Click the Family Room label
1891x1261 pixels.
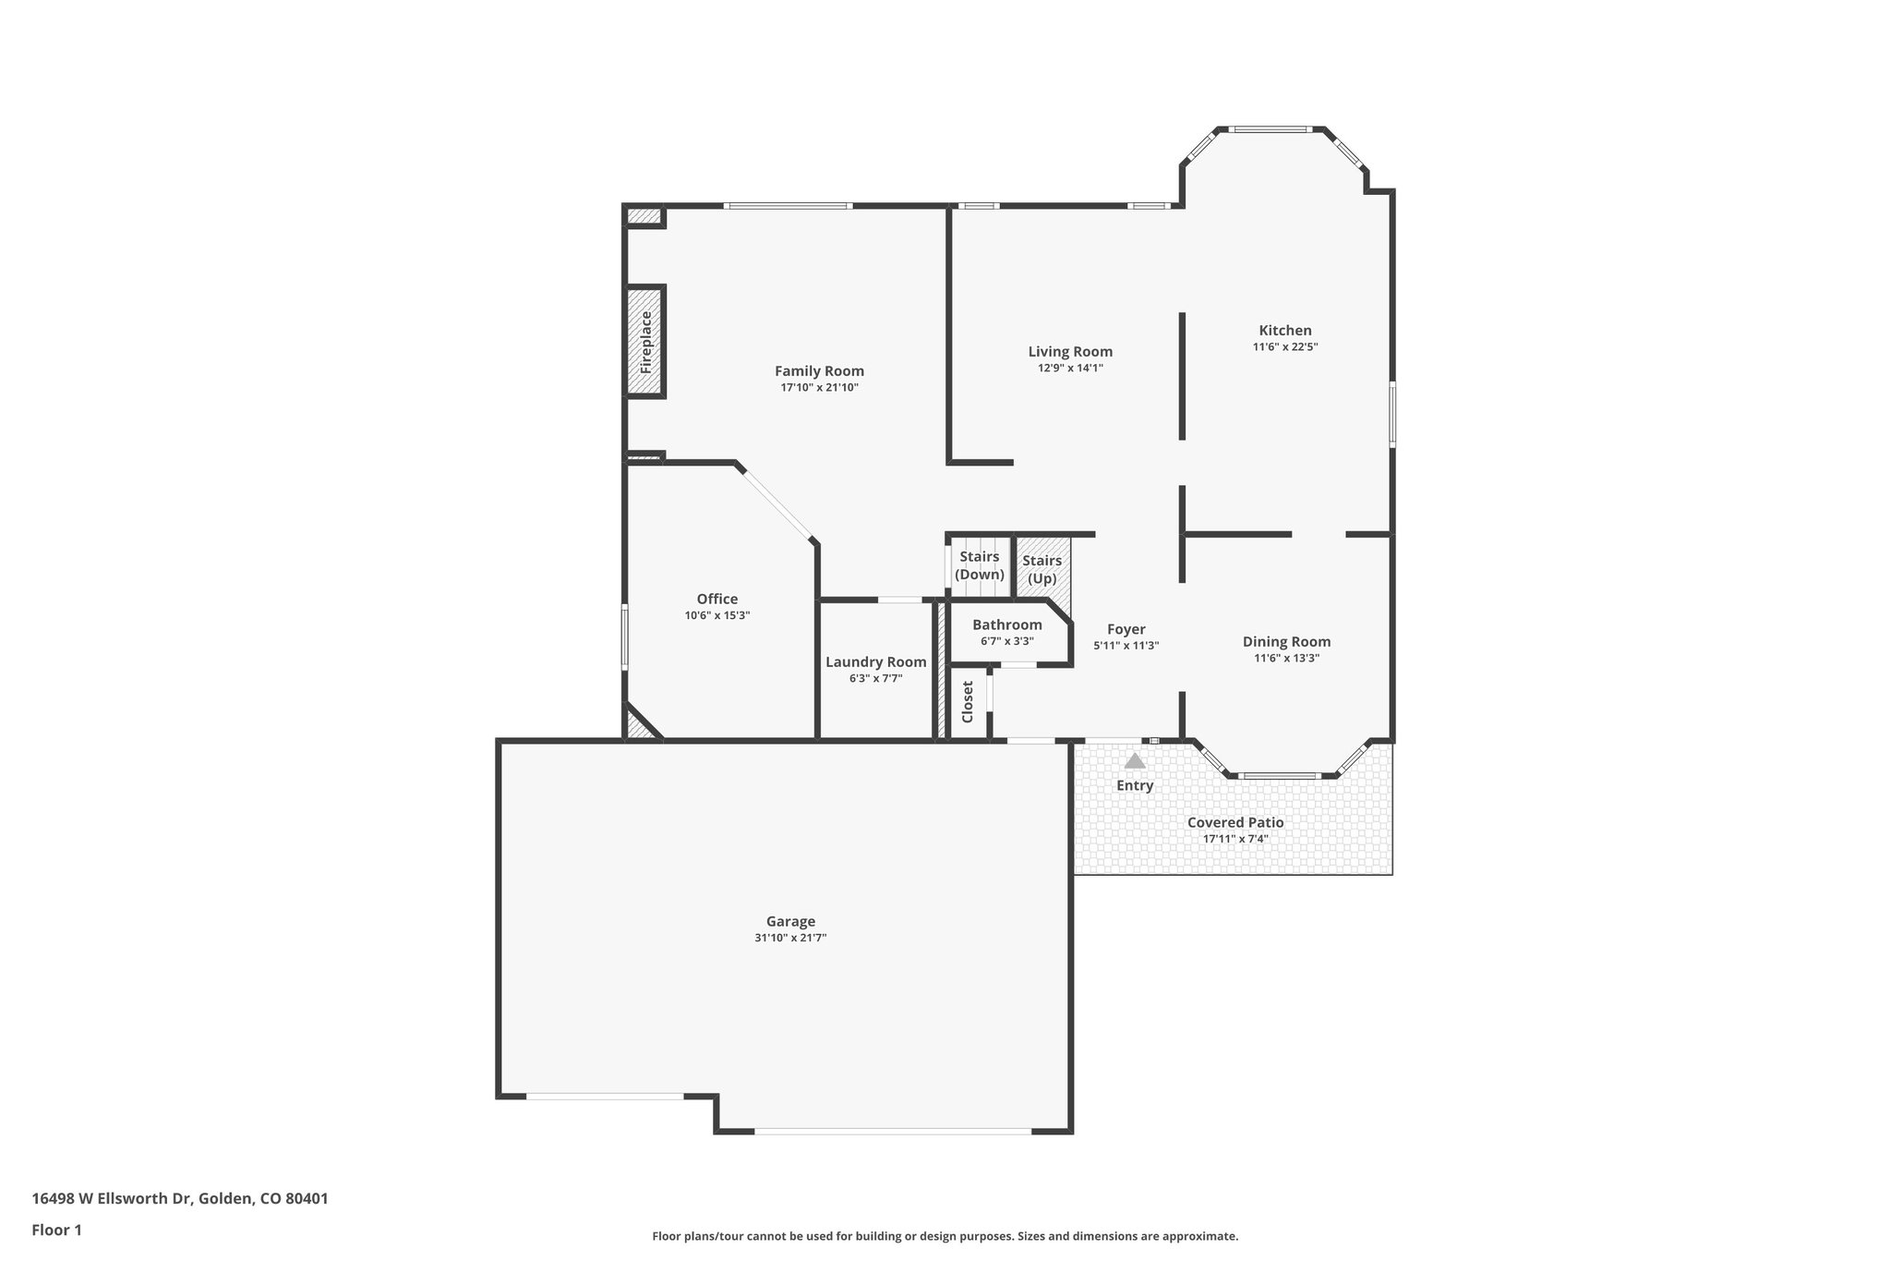(819, 371)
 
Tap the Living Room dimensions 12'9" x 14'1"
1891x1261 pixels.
(1070, 368)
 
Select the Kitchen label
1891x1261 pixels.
(1284, 331)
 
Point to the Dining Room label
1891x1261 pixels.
(1286, 642)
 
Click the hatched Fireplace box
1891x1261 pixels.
(645, 342)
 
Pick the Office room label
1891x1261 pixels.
(717, 600)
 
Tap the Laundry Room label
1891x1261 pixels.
(875, 662)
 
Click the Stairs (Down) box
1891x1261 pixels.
(979, 565)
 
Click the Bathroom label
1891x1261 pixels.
(1006, 625)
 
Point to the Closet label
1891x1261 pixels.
(968, 702)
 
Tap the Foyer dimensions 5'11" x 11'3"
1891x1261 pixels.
(1126, 647)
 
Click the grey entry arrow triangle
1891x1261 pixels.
(1135, 761)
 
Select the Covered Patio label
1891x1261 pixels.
(1235, 822)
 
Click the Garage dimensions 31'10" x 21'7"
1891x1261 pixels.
(790, 938)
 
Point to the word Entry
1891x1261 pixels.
(1135, 785)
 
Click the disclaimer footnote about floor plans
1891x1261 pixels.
(945, 1236)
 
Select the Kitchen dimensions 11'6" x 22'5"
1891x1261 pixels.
(1284, 347)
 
